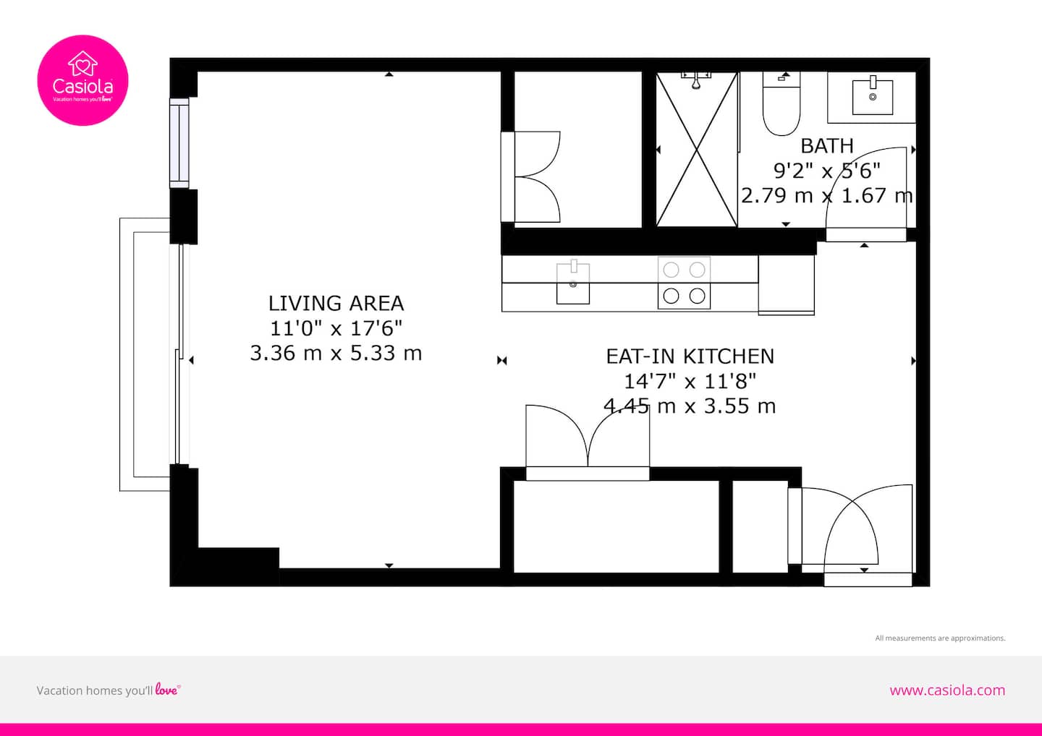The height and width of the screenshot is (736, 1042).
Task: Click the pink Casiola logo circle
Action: coord(82,80)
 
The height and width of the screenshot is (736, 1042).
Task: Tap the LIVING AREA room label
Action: coord(336,304)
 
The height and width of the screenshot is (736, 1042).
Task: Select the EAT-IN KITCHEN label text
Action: coord(690,356)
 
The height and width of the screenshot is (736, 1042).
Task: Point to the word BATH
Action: coord(826,146)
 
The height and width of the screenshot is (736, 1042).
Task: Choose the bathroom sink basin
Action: coord(872,97)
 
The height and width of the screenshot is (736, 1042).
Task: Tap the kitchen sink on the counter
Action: coord(573,283)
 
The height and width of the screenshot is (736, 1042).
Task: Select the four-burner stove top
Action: coord(684,283)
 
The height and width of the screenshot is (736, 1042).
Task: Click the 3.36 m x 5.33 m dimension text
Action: coord(336,353)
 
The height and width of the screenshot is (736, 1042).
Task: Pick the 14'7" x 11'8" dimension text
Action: coord(690,382)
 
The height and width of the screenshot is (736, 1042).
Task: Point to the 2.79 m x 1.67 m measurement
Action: coord(826,196)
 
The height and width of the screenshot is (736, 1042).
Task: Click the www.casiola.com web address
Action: coord(947,690)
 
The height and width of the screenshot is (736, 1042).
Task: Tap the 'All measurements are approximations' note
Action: coord(940,638)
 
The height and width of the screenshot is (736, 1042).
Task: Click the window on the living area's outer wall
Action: coord(179,142)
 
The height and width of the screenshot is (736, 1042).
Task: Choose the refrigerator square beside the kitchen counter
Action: coord(786,285)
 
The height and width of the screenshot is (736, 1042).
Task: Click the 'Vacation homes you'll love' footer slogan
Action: coord(109,690)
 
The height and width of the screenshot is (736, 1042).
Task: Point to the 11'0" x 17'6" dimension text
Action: coord(336,328)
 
